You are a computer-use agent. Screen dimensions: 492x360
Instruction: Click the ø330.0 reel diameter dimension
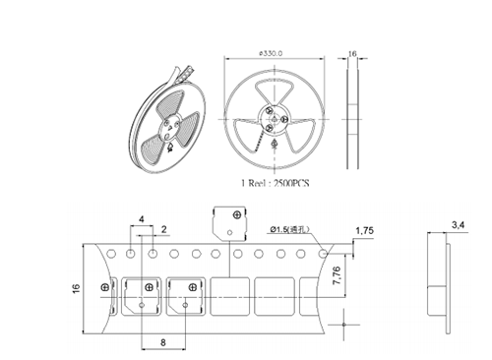(271, 53)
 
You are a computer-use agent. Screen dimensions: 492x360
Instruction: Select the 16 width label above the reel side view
(352, 53)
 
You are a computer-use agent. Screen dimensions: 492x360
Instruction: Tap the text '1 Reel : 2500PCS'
(275, 183)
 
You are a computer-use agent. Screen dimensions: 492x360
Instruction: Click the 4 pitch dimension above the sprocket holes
(142, 219)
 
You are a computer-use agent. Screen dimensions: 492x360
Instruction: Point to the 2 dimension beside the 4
(164, 229)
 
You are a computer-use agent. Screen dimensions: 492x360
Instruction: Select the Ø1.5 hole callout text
(289, 229)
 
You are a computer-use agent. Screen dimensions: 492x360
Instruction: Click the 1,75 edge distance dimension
(364, 231)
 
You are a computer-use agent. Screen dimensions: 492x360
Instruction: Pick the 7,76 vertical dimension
(337, 275)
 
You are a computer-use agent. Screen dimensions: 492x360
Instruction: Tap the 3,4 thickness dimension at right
(458, 225)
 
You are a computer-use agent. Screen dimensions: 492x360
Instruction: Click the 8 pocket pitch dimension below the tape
(163, 342)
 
